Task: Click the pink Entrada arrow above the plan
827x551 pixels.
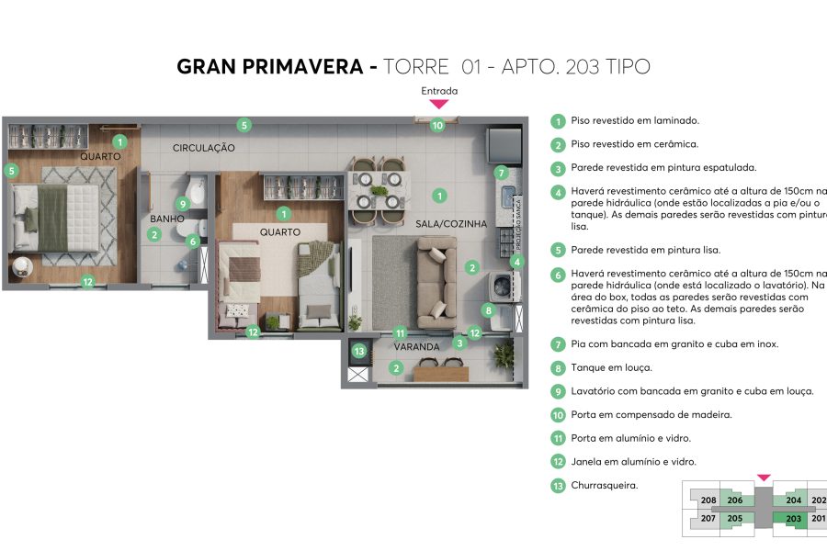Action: pos(439,105)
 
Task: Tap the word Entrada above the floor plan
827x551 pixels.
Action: pos(439,91)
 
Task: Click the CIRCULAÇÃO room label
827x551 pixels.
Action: pos(204,148)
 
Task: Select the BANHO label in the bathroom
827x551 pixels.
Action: pos(167,219)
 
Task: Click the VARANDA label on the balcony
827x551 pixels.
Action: pos(416,349)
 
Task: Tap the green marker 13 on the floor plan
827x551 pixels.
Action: pos(359,351)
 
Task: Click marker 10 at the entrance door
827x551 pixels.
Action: pos(437,125)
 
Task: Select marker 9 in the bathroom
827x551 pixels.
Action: pos(183,204)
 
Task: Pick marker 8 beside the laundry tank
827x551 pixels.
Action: pos(489,310)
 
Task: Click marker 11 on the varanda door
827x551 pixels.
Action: pos(400,333)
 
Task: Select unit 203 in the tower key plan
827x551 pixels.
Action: pos(794,519)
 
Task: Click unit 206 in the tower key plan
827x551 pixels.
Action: pos(735,500)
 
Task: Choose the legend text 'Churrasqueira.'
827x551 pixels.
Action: pos(604,486)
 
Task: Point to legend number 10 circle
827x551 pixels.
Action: pos(558,415)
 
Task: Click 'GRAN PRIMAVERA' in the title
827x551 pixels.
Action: pos(271,67)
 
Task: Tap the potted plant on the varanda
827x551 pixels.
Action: pos(504,356)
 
